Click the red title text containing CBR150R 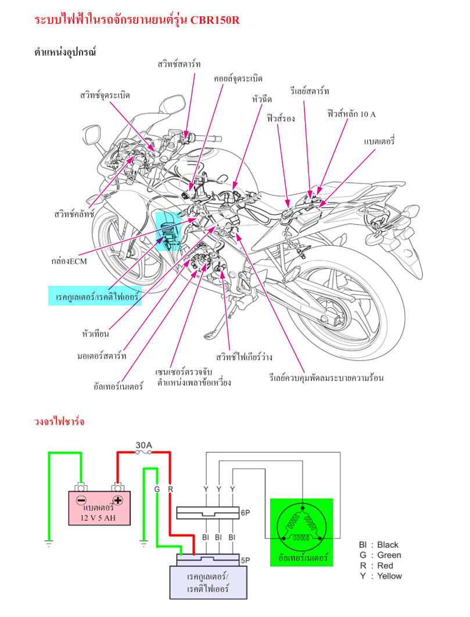pos(137,19)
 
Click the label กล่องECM pos(69,261)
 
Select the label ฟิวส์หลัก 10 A pos(351,114)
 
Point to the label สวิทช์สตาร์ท pos(179,64)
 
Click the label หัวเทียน pos(95,333)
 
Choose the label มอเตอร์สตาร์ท pos(102,356)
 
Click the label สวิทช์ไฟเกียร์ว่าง pos(244,357)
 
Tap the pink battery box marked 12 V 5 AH pos(99,508)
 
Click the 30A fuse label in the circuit pos(143,445)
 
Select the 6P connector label pos(245,513)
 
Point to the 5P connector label pos(245,560)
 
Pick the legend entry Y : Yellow pos(381,576)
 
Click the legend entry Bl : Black pos(379,544)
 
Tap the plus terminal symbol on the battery pos(118,501)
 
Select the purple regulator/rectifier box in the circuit pos(208,582)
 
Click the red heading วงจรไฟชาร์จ pos(59,422)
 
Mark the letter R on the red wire pos(170,489)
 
